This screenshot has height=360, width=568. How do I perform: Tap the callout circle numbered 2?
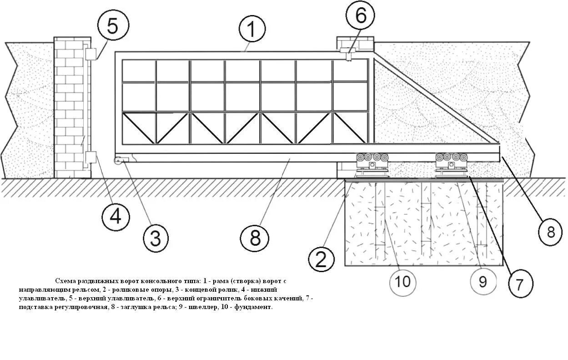pyautogui.click(x=322, y=259)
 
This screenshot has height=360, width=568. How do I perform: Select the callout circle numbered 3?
pyautogui.click(x=156, y=238)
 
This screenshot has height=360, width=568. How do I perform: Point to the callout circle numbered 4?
pyautogui.click(x=116, y=216)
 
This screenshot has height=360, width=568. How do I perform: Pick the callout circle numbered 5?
pyautogui.click(x=112, y=26)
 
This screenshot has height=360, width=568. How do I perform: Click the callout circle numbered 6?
pyautogui.click(x=360, y=16)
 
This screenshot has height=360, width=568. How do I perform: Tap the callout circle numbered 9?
pyautogui.click(x=483, y=282)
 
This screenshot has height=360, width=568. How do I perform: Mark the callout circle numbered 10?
pyautogui.click(x=403, y=281)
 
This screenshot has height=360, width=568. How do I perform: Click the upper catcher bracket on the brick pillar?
pyautogui.click(x=90, y=54)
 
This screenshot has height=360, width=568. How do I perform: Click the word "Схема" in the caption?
pyautogui.click(x=65, y=281)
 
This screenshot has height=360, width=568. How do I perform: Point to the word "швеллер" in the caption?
pyautogui.click(x=212, y=307)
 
